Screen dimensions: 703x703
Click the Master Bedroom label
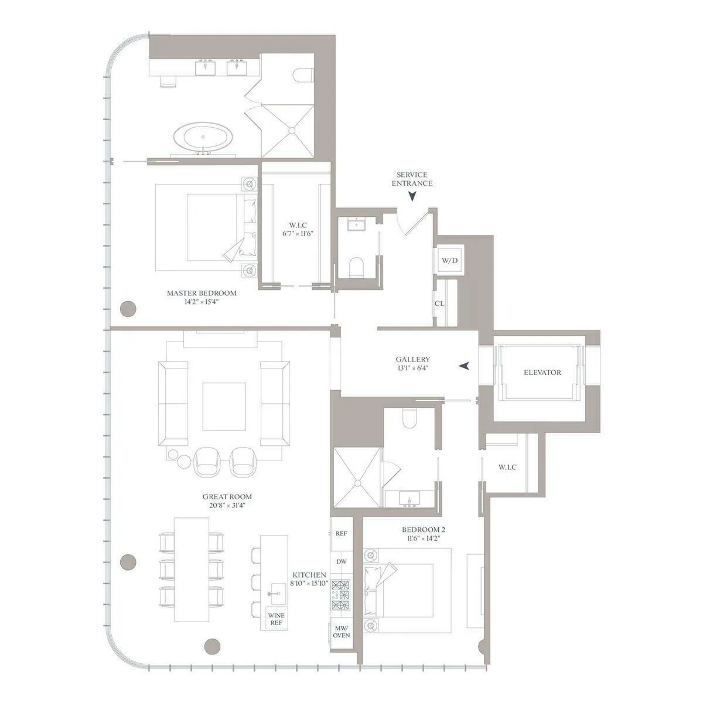click(x=202, y=294)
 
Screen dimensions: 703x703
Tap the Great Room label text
click(x=227, y=497)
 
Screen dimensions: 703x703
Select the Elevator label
click(x=542, y=373)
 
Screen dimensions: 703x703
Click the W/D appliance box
click(x=449, y=261)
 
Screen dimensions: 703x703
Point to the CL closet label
click(x=439, y=303)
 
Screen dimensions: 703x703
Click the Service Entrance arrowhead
click(x=412, y=197)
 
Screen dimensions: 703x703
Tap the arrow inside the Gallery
click(x=465, y=366)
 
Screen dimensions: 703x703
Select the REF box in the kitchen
click(x=342, y=534)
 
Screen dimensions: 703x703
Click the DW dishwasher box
click(x=342, y=562)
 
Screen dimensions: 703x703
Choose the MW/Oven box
click(x=342, y=632)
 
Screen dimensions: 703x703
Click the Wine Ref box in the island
click(x=276, y=619)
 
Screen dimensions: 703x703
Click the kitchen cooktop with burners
click(x=341, y=595)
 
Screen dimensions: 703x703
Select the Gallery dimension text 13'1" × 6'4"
click(x=412, y=368)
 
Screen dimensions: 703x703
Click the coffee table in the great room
click(x=224, y=407)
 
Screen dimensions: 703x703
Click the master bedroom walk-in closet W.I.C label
click(x=298, y=225)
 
